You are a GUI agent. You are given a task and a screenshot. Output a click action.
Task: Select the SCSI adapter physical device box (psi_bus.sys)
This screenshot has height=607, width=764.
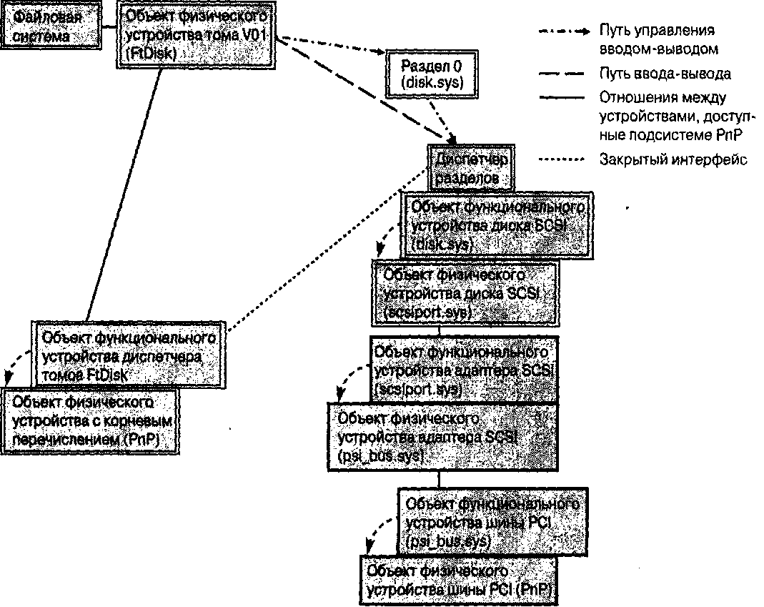pyautogui.click(x=440, y=435)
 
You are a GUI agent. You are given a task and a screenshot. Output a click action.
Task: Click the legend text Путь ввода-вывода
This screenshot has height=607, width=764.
pyautogui.click(x=665, y=74)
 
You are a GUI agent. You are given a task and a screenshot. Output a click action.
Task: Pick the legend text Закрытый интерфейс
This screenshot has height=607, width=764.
pyautogui.click(x=673, y=159)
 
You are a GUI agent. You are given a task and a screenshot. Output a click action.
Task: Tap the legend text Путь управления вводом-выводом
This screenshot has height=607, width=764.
pyautogui.click(x=658, y=40)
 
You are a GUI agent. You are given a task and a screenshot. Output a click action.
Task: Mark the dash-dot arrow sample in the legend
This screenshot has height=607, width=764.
pyautogui.click(x=563, y=31)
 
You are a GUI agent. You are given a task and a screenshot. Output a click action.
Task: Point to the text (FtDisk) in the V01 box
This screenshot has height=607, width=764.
pyautogui.click(x=151, y=53)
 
